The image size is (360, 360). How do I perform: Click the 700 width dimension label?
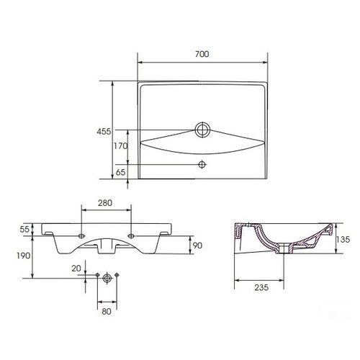pyautogui.click(x=202, y=54)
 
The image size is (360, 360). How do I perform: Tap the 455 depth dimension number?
pyautogui.click(x=104, y=132)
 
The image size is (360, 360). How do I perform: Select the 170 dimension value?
pyautogui.click(x=120, y=145)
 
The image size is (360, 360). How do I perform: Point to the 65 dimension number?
pyautogui.click(x=120, y=172)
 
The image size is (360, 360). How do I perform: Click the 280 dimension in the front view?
pyautogui.click(x=105, y=203)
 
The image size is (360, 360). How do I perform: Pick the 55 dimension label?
pyautogui.click(x=24, y=230)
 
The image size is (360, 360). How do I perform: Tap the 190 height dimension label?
pyautogui.click(x=24, y=256)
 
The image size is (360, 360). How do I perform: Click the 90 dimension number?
pyautogui.click(x=197, y=246)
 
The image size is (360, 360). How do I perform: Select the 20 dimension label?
pyautogui.click(x=76, y=269)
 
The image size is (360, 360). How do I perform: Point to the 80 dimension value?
pyautogui.click(x=107, y=312)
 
